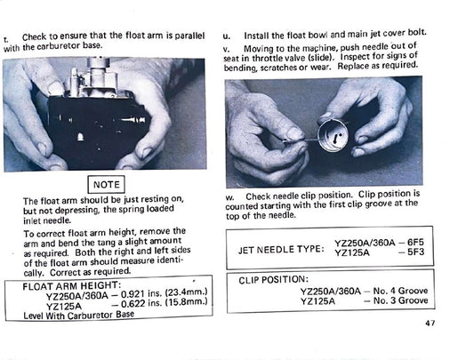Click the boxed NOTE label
click(105, 185)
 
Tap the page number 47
click(430, 323)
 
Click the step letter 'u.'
click(227, 34)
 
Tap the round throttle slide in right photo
click(336, 134)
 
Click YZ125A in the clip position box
click(318, 300)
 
